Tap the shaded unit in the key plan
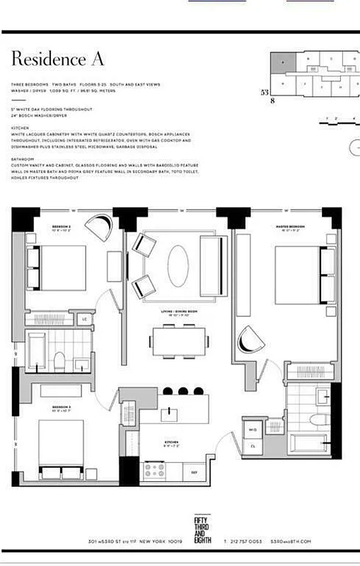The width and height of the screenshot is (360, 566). pyautogui.click(x=283, y=62)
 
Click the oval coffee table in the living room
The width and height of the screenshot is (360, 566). pyautogui.click(x=178, y=266)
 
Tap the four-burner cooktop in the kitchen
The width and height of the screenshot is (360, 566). pyautogui.click(x=154, y=469)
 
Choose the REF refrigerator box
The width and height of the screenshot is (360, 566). pyautogui.click(x=194, y=472)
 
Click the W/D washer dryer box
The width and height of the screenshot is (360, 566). pyautogui.click(x=253, y=429)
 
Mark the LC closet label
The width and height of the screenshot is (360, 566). pyautogui.click(x=85, y=319)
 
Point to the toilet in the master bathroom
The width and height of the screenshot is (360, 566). pyautogui.click(x=316, y=421)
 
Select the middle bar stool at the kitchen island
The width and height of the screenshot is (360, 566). pyautogui.click(x=182, y=391)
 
